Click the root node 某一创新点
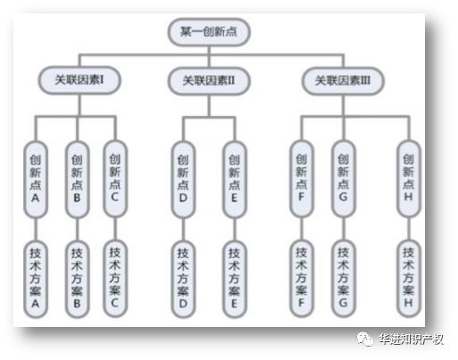(x=209, y=32)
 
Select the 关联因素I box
(x=79, y=80)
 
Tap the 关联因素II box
(x=209, y=80)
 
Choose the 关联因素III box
(x=343, y=80)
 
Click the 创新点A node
(x=36, y=180)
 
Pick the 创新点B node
(x=77, y=180)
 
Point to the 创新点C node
(x=115, y=179)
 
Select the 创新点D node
(x=183, y=180)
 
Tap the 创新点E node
(x=235, y=180)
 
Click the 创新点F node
(x=302, y=179)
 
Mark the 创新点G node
(x=344, y=179)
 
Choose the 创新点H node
(x=409, y=179)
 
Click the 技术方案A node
(x=36, y=280)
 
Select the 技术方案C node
(x=115, y=279)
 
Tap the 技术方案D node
(x=183, y=280)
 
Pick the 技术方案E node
(x=235, y=280)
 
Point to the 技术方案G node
(x=344, y=279)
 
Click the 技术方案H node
(x=409, y=279)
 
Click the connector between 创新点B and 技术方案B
(x=77, y=230)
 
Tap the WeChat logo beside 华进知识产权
(x=365, y=339)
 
